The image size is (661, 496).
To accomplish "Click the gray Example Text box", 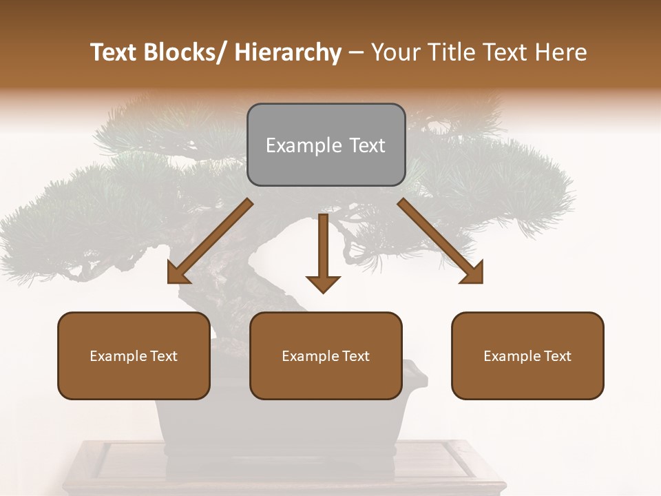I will click(x=326, y=145).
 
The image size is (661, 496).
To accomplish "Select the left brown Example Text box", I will click(x=134, y=355).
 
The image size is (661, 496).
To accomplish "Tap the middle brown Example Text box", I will click(x=326, y=355).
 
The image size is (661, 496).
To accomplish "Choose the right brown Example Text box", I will click(x=527, y=355).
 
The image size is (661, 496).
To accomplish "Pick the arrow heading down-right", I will click(x=441, y=242).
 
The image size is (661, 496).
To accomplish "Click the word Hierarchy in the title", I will click(x=288, y=52).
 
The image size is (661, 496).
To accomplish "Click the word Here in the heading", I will click(x=562, y=52).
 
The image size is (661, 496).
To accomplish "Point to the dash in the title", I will click(x=356, y=52).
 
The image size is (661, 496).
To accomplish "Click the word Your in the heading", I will click(x=395, y=52).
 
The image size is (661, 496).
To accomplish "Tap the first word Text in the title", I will click(x=112, y=52).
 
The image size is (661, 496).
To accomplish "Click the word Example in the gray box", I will click(x=304, y=145).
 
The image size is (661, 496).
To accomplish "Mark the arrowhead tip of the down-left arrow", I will click(x=169, y=282).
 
